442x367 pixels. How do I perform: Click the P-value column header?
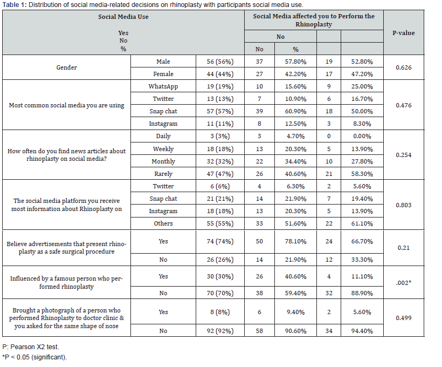pos(404,33)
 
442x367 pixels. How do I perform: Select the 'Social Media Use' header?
pos(123,17)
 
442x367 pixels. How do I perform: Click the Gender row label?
pos(67,68)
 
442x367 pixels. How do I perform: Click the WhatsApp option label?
pos(163,86)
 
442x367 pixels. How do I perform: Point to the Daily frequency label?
pos(163,136)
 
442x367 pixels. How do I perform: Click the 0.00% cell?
pos(362,136)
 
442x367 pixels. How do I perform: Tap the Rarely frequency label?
pos(163,174)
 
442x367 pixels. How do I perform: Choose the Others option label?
pos(163,223)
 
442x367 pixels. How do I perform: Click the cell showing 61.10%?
pos(362,223)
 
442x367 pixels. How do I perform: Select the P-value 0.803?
pos(404,205)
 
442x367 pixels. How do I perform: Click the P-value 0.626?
pos(404,68)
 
